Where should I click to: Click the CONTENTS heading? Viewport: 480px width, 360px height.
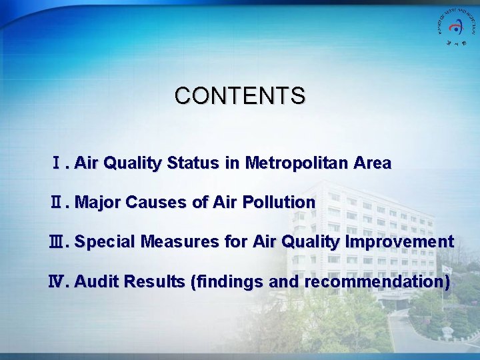click(x=240, y=95)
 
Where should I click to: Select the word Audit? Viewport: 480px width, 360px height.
click(x=94, y=282)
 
